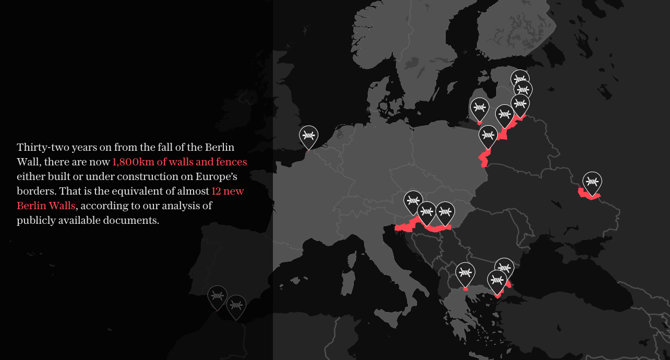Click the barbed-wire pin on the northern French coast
pos(308,136)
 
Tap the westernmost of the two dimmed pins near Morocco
pos(217,296)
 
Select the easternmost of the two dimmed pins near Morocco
pos(236,305)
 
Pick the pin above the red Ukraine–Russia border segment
pos(592,182)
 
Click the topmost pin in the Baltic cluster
pos(520,79)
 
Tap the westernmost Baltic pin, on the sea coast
pos(479,109)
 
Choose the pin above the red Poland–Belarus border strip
pos(488,136)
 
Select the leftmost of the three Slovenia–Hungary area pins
pos(413,201)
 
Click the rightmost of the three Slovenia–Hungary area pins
pos(445,212)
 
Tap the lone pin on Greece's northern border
pos(465,273)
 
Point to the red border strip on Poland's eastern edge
pos(484,158)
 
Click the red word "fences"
pos(231,162)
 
